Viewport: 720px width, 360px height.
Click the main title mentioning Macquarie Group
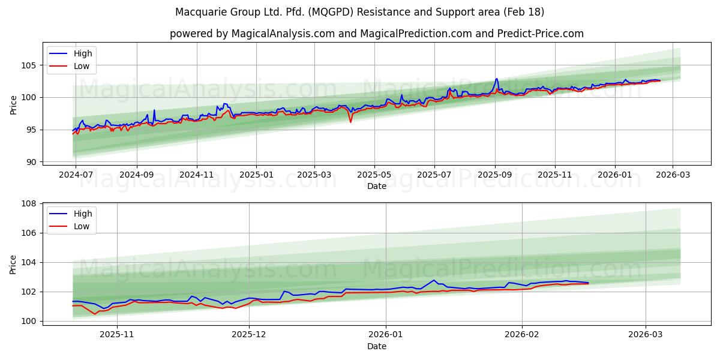point(360,12)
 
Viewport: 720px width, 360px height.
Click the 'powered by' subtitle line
point(376,34)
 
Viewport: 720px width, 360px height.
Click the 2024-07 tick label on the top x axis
point(76,175)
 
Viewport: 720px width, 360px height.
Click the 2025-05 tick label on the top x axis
point(374,175)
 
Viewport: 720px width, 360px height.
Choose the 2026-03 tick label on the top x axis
point(672,175)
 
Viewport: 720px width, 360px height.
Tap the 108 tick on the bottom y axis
point(28,204)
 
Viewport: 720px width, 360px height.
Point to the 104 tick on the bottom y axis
point(28,263)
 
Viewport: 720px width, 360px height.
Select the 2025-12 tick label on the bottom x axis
point(249,335)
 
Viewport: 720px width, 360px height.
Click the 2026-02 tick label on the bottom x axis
point(522,335)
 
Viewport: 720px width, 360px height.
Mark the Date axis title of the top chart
point(376,186)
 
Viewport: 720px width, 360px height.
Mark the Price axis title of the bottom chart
point(14,264)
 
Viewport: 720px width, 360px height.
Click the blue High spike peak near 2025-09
point(496,79)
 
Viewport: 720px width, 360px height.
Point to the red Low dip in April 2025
point(350,122)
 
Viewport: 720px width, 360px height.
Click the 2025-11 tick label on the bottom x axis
point(117,335)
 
